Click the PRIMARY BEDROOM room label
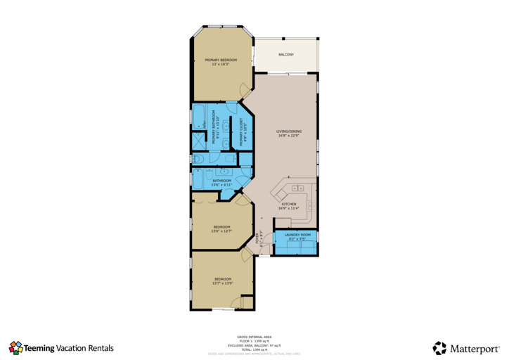click(221, 60)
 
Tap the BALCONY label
click(286, 54)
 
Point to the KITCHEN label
click(289, 205)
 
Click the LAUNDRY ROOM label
click(297, 235)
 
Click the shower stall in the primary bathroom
click(198, 141)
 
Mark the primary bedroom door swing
click(243, 89)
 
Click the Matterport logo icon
click(439, 347)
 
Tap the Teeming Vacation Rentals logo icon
click(15, 347)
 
